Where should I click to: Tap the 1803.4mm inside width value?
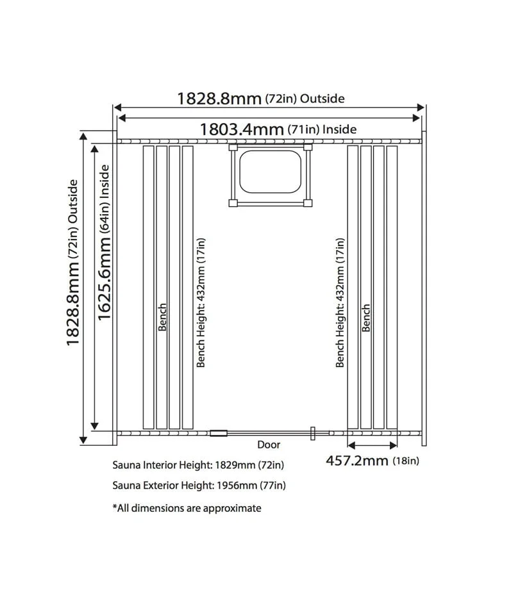click(242, 129)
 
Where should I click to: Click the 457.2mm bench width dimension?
click(357, 460)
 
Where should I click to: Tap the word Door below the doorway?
click(269, 444)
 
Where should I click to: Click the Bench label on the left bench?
click(162, 317)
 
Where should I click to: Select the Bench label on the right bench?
click(366, 318)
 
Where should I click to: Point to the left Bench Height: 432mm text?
click(201, 302)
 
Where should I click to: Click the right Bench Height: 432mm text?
click(341, 302)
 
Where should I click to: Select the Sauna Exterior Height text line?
click(199, 486)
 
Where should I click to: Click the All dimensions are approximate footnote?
click(187, 508)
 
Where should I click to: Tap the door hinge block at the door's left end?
click(219, 433)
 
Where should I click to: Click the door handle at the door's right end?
click(312, 433)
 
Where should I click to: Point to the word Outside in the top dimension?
click(323, 99)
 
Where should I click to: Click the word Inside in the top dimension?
click(339, 129)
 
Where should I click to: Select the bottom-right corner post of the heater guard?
click(308, 203)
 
